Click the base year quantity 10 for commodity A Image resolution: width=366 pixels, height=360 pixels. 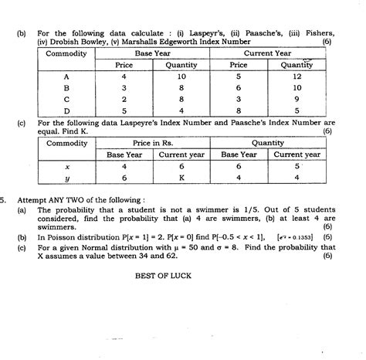point(181,77)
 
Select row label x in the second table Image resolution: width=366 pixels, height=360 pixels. point(66,166)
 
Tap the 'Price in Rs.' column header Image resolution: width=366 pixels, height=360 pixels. point(157,143)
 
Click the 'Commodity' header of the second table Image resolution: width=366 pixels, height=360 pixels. point(66,143)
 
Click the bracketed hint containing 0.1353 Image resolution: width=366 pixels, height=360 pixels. point(300,239)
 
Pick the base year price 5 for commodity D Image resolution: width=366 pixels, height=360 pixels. point(124,110)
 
